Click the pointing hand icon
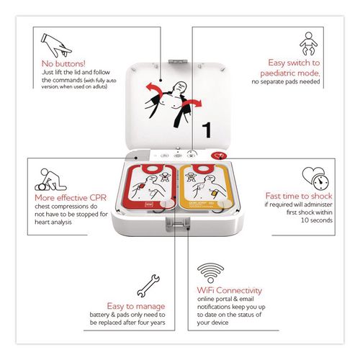56,45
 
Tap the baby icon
308,43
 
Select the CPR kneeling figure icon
50,180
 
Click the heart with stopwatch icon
315,179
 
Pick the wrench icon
148,286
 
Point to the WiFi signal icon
210,273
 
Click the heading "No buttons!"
63,63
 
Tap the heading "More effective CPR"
71,198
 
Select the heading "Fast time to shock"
299,196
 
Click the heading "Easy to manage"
136,306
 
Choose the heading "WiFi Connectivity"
230,290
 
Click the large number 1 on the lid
207,130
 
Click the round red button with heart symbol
219,156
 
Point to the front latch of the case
178,225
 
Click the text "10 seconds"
317,220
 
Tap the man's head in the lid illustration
180,88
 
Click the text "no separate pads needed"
286,81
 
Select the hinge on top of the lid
178,62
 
